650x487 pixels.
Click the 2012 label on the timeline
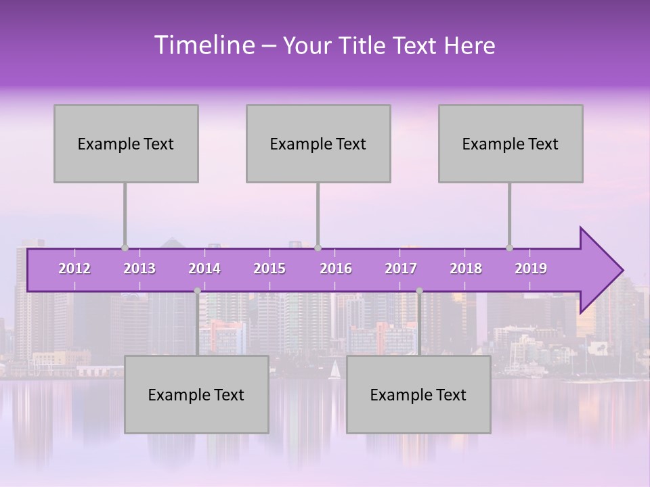click(74, 269)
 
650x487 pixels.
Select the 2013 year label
click(139, 269)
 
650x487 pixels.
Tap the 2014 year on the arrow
click(204, 269)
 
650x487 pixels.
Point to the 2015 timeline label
click(269, 269)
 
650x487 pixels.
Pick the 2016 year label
click(336, 269)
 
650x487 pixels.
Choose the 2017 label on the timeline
click(401, 269)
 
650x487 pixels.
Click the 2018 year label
click(466, 269)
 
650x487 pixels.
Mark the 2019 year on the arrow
click(531, 269)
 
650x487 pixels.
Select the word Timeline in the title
click(203, 45)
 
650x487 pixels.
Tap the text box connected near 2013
click(126, 143)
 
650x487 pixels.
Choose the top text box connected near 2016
click(318, 143)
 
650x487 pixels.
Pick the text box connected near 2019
click(511, 143)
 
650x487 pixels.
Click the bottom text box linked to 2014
click(196, 394)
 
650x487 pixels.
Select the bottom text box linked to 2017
click(418, 394)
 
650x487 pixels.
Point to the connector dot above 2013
click(125, 248)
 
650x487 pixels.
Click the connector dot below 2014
click(197, 291)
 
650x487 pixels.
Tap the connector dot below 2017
click(419, 291)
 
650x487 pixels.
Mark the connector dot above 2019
click(509, 248)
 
